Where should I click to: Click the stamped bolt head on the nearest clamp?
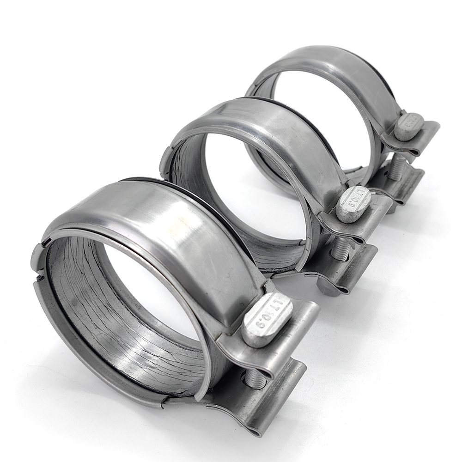[267, 319]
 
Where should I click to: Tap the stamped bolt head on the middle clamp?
[353, 204]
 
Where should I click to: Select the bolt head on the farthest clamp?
[408, 127]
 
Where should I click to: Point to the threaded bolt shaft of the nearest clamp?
[255, 379]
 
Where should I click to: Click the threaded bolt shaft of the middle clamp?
[341, 249]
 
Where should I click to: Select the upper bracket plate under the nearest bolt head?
[296, 323]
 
